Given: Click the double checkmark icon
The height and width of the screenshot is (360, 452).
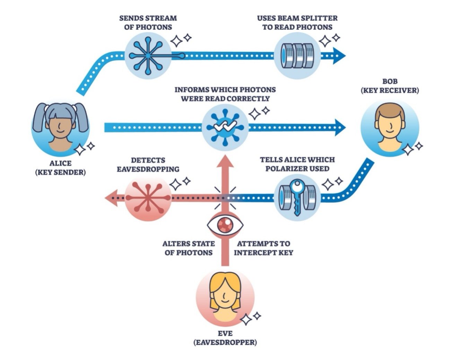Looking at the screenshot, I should [225, 126].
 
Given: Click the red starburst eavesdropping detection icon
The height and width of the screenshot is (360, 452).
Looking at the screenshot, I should [148, 198].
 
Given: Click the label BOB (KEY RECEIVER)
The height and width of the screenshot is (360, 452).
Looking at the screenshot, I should [390, 86].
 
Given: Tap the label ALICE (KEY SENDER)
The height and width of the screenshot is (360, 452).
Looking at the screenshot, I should [60, 168].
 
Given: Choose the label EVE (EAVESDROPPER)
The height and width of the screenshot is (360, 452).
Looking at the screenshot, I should [225, 338].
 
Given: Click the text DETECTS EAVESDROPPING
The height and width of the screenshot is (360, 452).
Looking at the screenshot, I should [148, 165].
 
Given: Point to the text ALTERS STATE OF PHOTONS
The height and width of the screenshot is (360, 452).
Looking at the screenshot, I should [189, 248].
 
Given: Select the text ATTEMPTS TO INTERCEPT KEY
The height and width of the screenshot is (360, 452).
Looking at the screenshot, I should [263, 248].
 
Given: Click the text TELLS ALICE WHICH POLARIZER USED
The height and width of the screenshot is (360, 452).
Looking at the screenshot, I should [297, 164].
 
